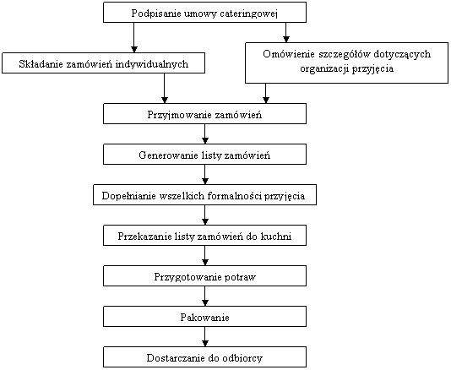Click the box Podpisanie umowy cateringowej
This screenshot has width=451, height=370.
tap(204, 12)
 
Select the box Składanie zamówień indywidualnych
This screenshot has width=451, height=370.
tap(103, 63)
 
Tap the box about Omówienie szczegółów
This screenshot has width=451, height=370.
tap(346, 63)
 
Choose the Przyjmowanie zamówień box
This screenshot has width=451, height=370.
tap(204, 114)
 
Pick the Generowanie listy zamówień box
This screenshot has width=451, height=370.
tap(204, 155)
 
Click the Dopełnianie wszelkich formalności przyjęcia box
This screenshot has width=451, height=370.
tap(204, 195)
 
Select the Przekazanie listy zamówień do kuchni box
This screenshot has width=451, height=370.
tap(204, 236)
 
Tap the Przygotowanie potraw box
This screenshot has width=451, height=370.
tap(204, 276)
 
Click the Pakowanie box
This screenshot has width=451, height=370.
tap(204, 317)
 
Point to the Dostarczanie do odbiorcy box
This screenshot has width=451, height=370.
tap(204, 357)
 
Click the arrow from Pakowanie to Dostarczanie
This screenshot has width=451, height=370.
tap(204, 336)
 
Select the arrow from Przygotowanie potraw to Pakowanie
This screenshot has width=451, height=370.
tap(204, 296)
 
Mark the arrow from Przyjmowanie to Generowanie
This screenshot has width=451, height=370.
tap(204, 134)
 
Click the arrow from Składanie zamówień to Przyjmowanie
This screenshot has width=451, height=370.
tap(164, 89)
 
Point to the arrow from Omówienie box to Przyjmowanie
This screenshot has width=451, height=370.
tap(266, 94)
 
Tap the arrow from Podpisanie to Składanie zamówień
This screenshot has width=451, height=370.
tap(133, 37)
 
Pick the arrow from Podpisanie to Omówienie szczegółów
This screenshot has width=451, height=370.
tap(286, 32)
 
